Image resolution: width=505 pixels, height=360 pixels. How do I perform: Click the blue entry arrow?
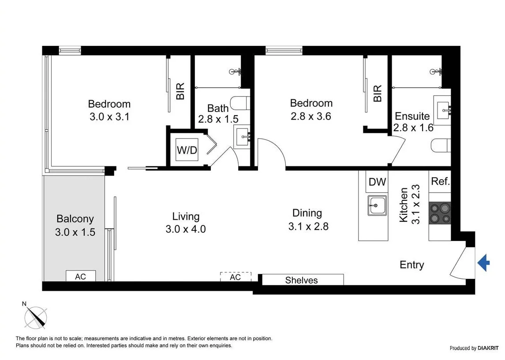coord(483,264)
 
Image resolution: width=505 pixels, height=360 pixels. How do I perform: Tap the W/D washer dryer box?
coord(187,150)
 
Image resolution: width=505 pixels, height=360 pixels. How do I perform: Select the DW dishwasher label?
coord(377,182)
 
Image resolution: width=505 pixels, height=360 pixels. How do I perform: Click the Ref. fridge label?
coord(440,181)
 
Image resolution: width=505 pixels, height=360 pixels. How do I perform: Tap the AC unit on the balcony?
coord(80,276)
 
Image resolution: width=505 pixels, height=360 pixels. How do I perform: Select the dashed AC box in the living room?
coord(236,277)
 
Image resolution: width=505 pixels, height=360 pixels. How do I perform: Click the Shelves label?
coord(301,280)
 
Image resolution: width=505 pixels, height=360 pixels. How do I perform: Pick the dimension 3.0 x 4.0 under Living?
coord(186,229)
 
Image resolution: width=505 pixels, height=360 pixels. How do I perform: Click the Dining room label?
coord(307,213)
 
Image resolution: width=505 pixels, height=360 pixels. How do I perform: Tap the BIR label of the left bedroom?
coord(180,92)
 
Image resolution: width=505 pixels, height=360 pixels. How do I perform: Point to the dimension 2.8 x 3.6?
coord(311,116)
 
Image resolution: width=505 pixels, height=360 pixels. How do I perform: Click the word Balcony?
coord(75,219)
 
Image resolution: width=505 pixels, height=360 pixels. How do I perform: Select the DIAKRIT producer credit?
coord(469,348)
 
